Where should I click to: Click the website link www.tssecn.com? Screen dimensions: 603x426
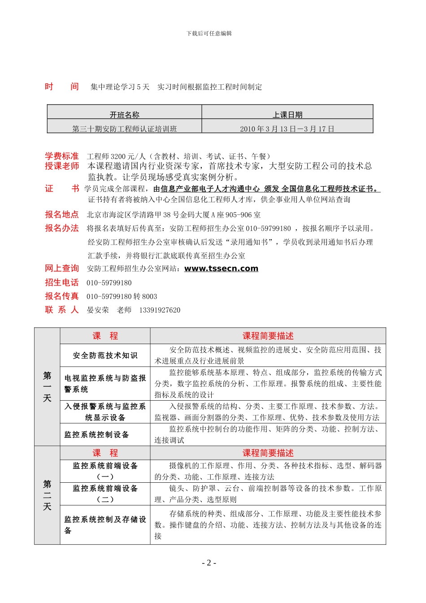click(221, 269)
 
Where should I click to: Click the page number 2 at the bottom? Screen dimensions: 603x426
click(209, 563)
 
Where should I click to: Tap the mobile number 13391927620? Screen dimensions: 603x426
click(160, 310)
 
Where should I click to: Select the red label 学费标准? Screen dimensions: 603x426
click(62, 156)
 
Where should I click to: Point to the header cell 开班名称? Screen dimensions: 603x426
click(125, 115)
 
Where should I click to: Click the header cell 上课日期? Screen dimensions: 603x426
click(287, 115)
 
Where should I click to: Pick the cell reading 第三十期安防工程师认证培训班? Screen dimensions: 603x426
click(125, 129)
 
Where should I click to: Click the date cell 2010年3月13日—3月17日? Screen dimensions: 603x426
click(287, 129)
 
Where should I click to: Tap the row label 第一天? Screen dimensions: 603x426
click(47, 386)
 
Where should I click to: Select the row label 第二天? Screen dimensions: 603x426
click(47, 495)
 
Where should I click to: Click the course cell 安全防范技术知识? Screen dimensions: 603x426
click(105, 355)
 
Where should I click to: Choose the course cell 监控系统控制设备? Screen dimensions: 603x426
click(97, 434)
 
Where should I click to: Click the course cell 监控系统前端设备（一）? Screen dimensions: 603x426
click(105, 471)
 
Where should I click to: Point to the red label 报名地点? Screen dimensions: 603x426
click(62, 214)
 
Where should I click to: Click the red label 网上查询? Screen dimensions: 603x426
click(62, 268)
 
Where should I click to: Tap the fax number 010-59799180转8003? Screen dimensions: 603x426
click(122, 297)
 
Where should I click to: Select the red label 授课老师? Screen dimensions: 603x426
click(62, 166)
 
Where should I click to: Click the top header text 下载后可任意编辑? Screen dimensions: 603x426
click(209, 33)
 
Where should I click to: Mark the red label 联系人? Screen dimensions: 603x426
click(62, 310)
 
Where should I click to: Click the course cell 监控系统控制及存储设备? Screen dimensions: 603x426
click(105, 524)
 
